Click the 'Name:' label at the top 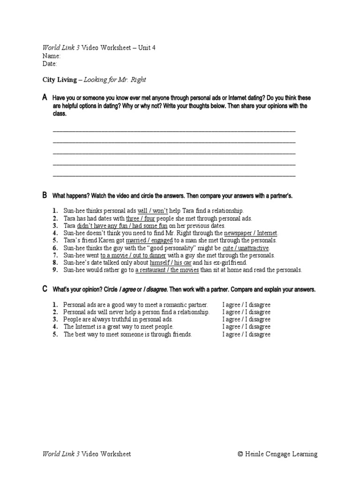tap(52, 56)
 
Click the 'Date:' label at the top tap(50, 64)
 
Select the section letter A tap(45, 97)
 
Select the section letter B tap(45, 195)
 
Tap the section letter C tap(45, 289)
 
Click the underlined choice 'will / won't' tap(152, 211)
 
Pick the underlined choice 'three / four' tap(141, 218)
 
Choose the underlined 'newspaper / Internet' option tap(251, 233)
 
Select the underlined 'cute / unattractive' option tap(246, 248)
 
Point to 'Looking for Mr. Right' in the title tap(114, 80)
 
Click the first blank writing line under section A tap(174, 131)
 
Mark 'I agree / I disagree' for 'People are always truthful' tap(246, 319)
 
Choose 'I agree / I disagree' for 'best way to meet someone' tap(246, 334)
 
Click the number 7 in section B tap(55, 255)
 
